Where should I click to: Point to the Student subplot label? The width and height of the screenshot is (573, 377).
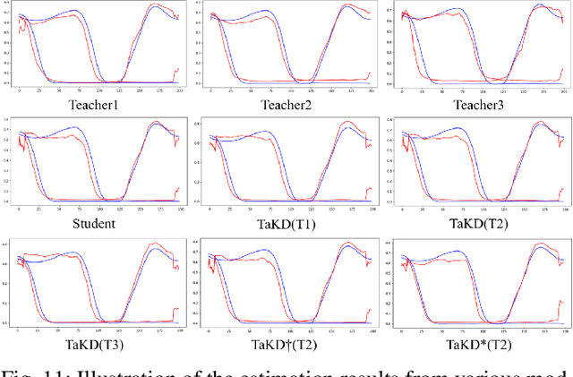pyautogui.click(x=96, y=221)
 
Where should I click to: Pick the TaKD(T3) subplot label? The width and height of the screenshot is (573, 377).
pyautogui.click(x=96, y=341)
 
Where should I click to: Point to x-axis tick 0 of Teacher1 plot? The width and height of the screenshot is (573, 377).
pyautogui.click(x=19, y=90)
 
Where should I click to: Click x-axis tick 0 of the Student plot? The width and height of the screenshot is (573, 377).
pyautogui.click(x=19, y=210)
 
